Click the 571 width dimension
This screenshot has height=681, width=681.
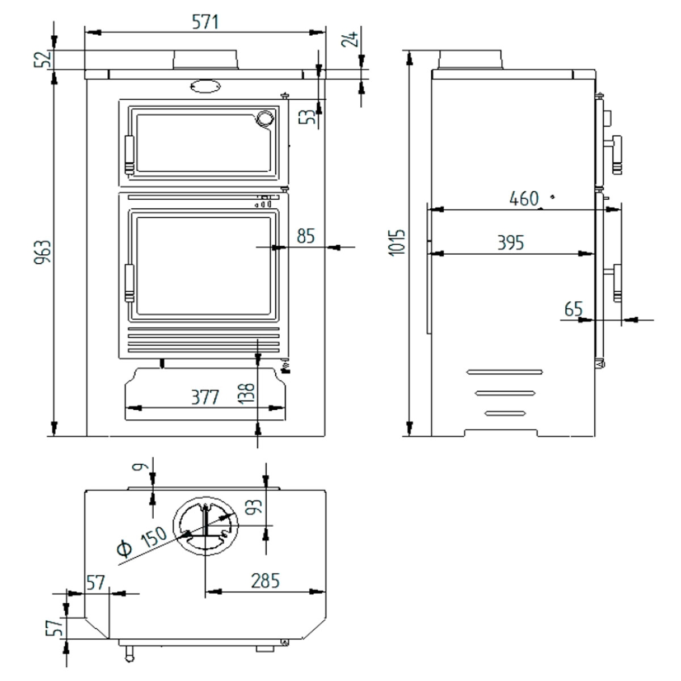click(x=204, y=22)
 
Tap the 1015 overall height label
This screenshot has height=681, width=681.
click(x=400, y=242)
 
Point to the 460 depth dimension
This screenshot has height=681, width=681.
click(x=523, y=199)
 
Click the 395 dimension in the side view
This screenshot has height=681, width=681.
click(x=510, y=243)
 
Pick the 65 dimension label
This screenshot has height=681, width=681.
click(x=574, y=309)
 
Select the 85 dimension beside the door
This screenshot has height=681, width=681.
click(x=305, y=236)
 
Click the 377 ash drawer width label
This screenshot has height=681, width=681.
click(x=204, y=397)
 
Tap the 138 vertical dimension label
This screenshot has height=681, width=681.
click(x=248, y=393)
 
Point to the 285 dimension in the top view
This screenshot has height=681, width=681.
click(x=265, y=581)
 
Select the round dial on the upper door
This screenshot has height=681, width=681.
click(x=264, y=117)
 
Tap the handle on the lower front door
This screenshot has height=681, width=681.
click(x=129, y=283)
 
